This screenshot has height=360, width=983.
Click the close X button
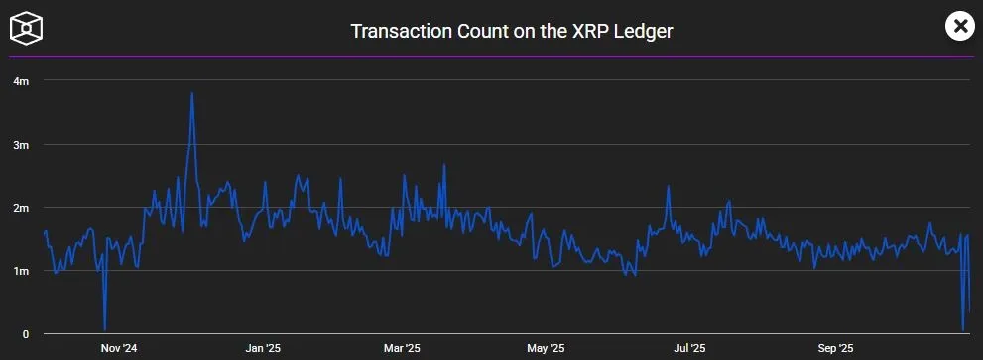click(x=959, y=27)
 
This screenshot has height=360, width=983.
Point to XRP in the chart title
click(x=586, y=31)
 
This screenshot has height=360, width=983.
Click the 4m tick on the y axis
click(x=20, y=80)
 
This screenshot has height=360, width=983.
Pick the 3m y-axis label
click(x=20, y=144)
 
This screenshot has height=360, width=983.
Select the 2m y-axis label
click(x=20, y=207)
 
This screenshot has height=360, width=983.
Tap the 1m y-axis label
click(x=20, y=271)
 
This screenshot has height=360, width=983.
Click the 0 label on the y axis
click(x=26, y=334)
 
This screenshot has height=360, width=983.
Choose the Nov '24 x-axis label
click(x=119, y=349)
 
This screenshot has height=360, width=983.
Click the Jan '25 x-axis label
click(x=263, y=349)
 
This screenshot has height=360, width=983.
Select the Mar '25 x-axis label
click(x=402, y=349)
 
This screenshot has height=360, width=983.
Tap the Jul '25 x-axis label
click(x=689, y=349)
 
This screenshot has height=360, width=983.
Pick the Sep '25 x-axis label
click(x=835, y=349)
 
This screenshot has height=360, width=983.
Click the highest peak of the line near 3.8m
click(x=191, y=93)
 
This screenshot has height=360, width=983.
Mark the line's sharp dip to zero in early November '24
click(x=104, y=329)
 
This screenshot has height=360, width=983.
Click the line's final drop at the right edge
click(x=964, y=329)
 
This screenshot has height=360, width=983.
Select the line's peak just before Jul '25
click(x=670, y=187)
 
